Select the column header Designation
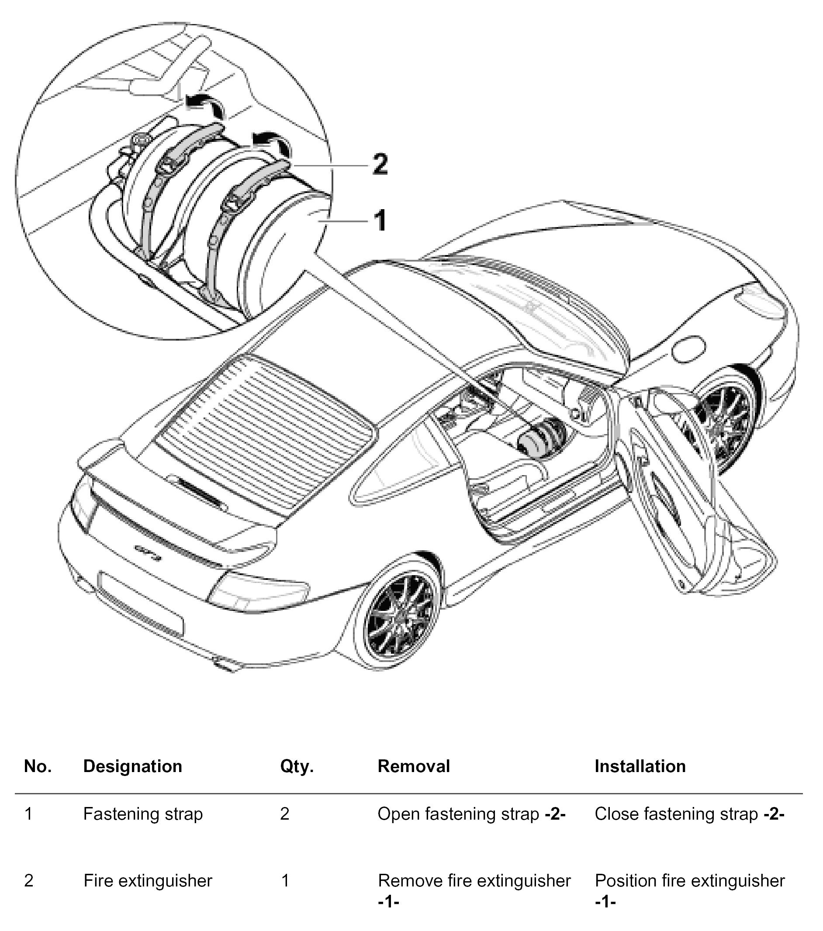point(133,766)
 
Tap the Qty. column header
point(297,766)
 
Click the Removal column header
point(413,766)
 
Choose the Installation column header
point(640,766)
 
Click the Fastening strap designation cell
point(143,814)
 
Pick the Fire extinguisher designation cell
point(148,880)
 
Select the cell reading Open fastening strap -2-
point(471,814)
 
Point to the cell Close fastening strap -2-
point(689,814)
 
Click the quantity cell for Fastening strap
point(285,814)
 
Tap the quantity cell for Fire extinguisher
point(285,880)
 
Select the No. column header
point(38,766)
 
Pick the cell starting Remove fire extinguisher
point(474,888)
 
